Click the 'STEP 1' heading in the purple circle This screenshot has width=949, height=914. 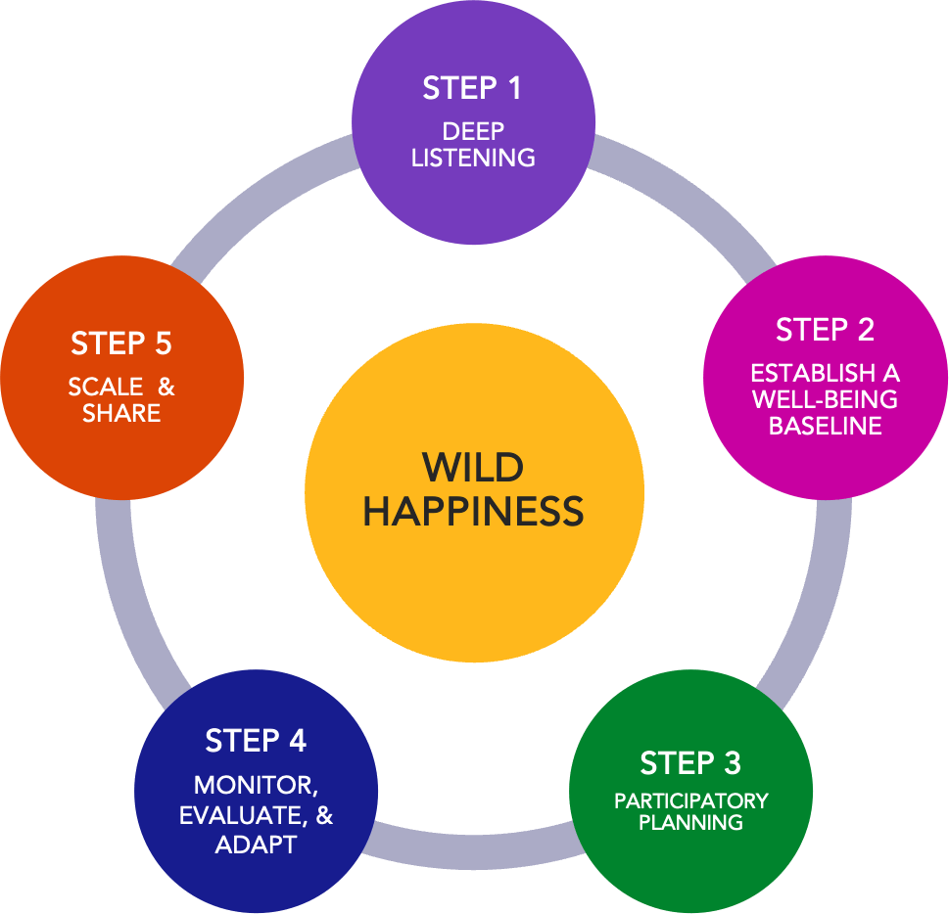pos(473,89)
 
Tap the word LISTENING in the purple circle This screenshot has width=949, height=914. pos(473,158)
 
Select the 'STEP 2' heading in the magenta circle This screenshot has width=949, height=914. pos(825,331)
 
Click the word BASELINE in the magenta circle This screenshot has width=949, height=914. pos(825,426)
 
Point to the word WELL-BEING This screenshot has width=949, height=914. pos(825,399)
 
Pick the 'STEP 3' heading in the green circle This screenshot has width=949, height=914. pos(690,762)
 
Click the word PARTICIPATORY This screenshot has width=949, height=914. pos(690,801)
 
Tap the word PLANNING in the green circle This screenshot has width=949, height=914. pos(690,823)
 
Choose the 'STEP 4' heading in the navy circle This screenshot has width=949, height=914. pos(256,742)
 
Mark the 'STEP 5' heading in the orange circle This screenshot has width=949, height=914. pos(121,344)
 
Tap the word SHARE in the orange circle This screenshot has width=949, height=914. pos(121,413)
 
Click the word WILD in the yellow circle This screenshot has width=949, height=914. pos(473,468)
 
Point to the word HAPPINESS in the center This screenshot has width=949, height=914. pos(473,512)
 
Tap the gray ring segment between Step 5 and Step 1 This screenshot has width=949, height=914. pos(264,191)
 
